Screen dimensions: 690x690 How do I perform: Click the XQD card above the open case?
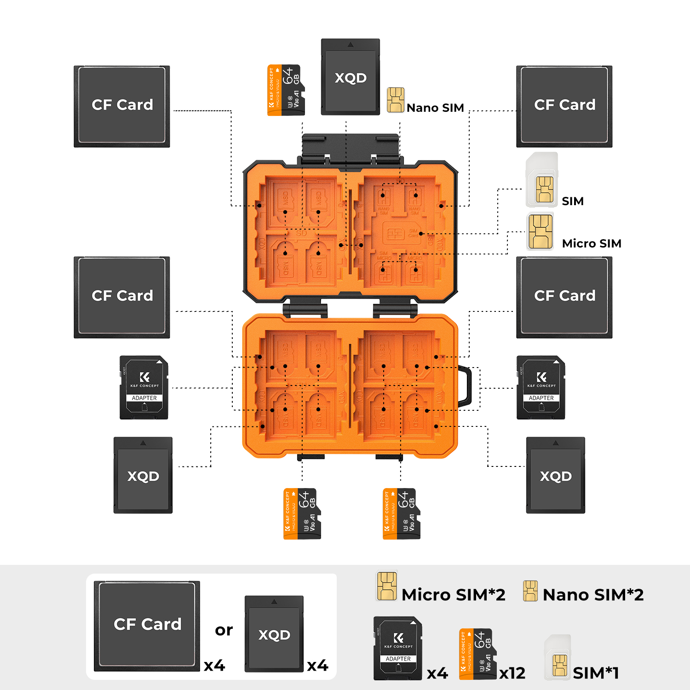coord(350,77)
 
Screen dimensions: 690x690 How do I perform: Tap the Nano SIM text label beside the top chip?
coord(435,108)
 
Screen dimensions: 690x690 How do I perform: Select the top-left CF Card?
coord(122,106)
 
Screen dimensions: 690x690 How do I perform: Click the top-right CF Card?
coord(564,106)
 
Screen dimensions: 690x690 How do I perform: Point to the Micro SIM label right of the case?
coord(592,243)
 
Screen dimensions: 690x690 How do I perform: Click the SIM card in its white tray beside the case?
coord(542,181)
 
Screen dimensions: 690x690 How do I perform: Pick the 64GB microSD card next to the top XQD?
coord(285,90)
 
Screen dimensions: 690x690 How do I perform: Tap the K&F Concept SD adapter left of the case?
coord(144,387)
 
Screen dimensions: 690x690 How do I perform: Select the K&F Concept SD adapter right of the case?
coord(540,387)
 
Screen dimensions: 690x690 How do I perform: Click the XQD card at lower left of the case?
coord(143,475)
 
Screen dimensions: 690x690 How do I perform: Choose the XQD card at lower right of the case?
coord(556,475)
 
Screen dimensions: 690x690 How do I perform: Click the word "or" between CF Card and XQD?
coord(224,630)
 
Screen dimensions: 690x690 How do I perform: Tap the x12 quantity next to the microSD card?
coord(512,673)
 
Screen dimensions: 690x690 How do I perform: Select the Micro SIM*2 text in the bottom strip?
coord(454,595)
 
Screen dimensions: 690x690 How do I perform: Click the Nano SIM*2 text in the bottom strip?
coord(593,595)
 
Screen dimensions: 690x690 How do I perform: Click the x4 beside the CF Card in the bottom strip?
coord(214,666)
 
